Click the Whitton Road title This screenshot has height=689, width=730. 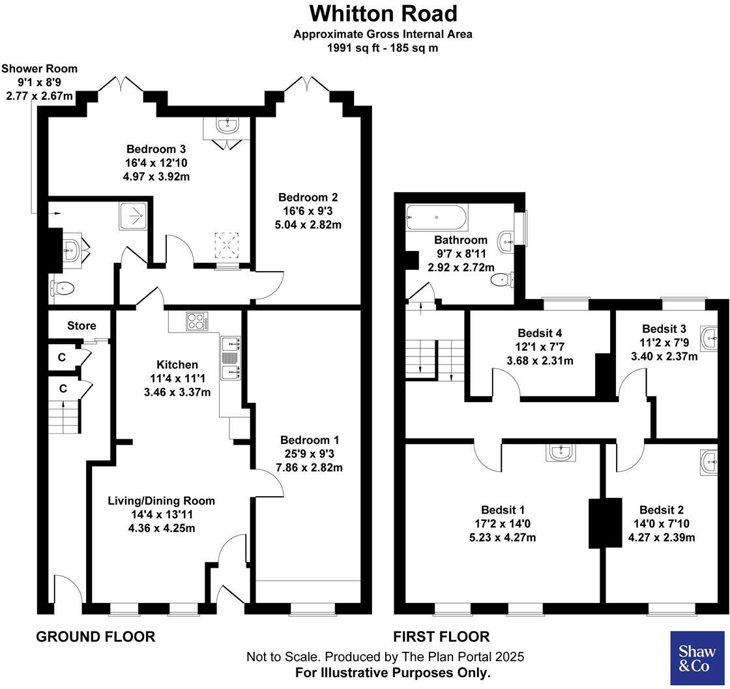click(x=383, y=13)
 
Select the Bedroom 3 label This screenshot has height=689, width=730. click(x=152, y=149)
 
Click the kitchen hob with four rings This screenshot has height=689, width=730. click(x=196, y=321)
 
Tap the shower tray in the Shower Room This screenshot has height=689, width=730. click(x=134, y=216)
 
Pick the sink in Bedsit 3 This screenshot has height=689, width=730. click(x=709, y=336)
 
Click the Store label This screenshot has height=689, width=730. click(x=81, y=326)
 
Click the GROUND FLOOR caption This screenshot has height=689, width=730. click(x=95, y=637)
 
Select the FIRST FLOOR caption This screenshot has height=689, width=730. click(x=441, y=637)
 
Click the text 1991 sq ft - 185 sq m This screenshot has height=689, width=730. click(x=383, y=48)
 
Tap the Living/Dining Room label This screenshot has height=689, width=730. click(x=161, y=501)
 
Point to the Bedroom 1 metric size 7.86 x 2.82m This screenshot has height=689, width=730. click(x=309, y=467)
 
